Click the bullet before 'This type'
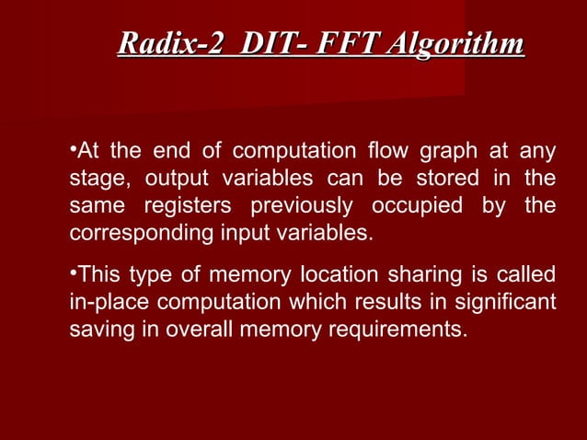[73, 274]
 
